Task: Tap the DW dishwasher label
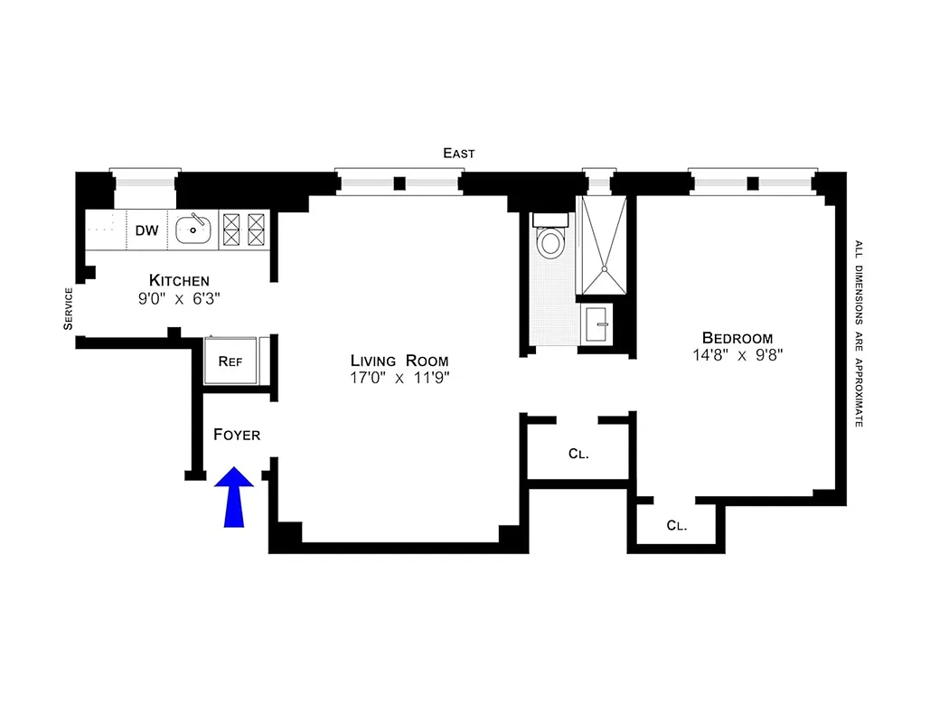pos(147,230)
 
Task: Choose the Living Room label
pos(399,361)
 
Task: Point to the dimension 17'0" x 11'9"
pos(399,378)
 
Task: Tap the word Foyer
pos(237,435)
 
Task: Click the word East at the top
pos(458,154)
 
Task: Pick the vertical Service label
pos(68,309)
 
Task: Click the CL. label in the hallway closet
pos(578,455)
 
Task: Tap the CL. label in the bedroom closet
pos(676,525)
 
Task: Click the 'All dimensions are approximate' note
pos(858,333)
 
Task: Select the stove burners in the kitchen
pos(244,230)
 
